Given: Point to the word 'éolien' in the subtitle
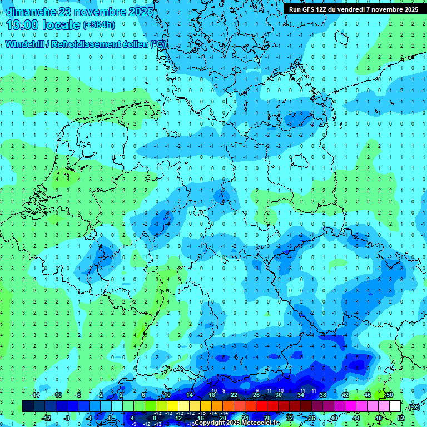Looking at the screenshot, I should point(133,44).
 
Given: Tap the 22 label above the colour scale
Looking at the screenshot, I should point(234,395).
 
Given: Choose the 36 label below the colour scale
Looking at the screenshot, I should point(312,418).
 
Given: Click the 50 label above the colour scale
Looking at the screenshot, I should point(390,395).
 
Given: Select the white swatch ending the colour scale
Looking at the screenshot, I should point(395,406).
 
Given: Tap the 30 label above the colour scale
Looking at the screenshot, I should point(279,395).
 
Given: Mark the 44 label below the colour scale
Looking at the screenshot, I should point(356,418).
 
